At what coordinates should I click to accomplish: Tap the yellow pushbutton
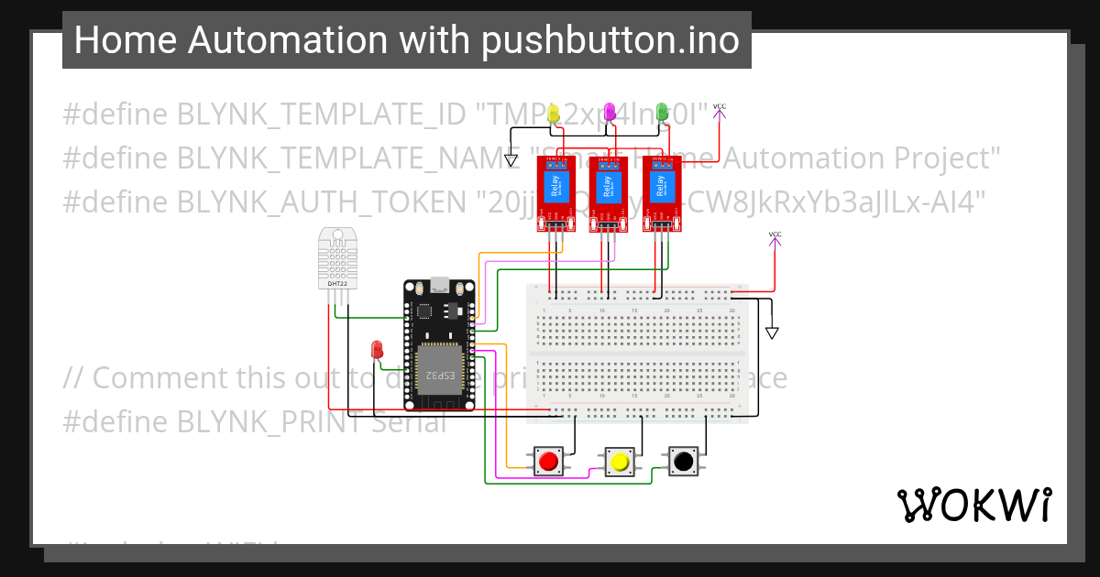coord(619,462)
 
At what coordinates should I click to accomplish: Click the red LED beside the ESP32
coord(377,349)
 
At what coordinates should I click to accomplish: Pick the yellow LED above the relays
coord(554,114)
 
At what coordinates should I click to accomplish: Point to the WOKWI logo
coord(973,505)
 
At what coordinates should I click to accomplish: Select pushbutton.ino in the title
coord(610,40)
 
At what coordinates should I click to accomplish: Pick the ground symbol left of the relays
coord(511,161)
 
